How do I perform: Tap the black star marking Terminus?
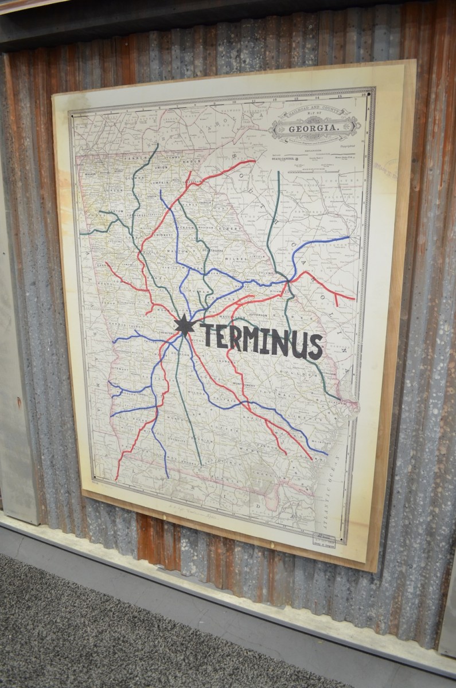pos(184,325)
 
